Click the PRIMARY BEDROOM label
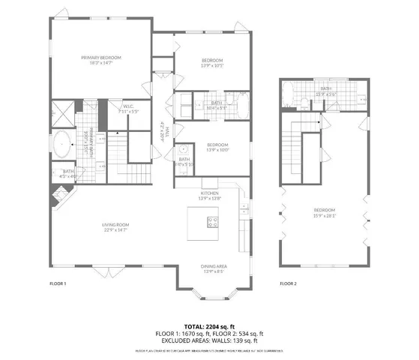point(101,57)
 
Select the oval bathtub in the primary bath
point(61,143)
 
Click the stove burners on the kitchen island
point(213,222)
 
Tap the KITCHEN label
point(209,193)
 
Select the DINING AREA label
point(214,266)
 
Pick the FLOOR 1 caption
point(58,283)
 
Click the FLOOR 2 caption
point(288,283)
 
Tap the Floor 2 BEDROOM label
point(324,210)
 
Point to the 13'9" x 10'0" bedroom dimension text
point(217,150)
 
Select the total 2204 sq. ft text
point(209,326)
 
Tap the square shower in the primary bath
point(64,113)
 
